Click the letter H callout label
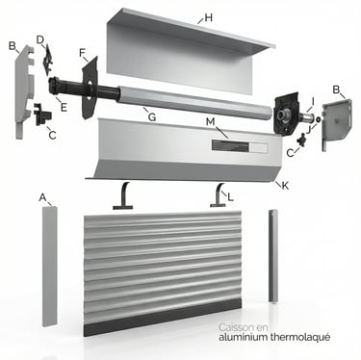pyautogui.click(x=208, y=17)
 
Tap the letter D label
pyautogui.click(x=40, y=39)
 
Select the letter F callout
pyautogui.click(x=83, y=53)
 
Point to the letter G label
pyautogui.click(x=152, y=117)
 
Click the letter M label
pyautogui.click(x=210, y=122)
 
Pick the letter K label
pyautogui.click(x=285, y=185)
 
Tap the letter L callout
pyautogui.click(x=230, y=197)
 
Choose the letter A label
pyautogui.click(x=42, y=197)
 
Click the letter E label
pyautogui.click(x=64, y=107)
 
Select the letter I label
pyautogui.click(x=313, y=101)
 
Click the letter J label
pyautogui.click(x=309, y=129)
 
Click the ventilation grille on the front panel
pyautogui.click(x=230, y=146)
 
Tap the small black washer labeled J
pyautogui.click(x=318, y=119)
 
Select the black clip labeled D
pyautogui.click(x=47, y=60)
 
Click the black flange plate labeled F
pyautogui.click(x=90, y=88)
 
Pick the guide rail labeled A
pyautogui.click(x=50, y=266)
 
